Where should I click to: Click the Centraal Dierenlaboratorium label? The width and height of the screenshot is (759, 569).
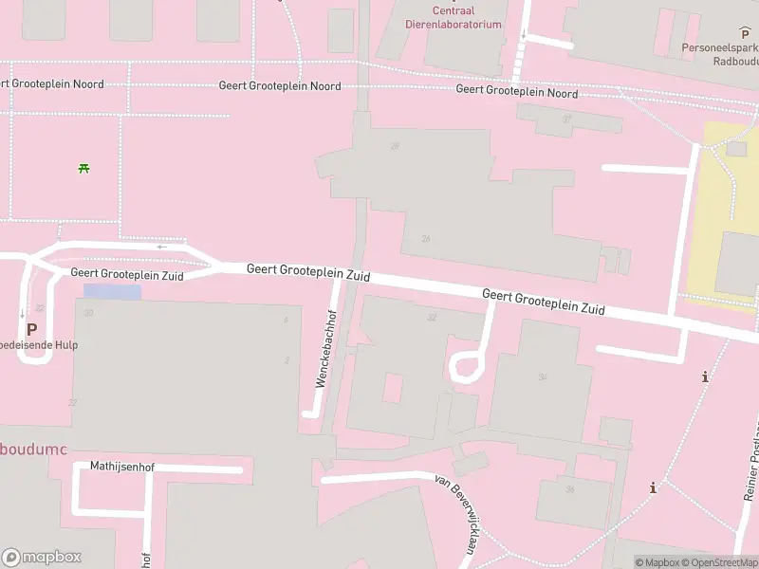(x=454, y=18)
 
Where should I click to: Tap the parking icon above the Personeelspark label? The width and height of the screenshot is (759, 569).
(x=745, y=33)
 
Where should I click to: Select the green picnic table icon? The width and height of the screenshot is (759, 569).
(x=84, y=169)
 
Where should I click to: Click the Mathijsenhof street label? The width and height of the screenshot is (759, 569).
(x=121, y=467)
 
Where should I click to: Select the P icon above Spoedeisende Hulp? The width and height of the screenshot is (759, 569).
(x=31, y=329)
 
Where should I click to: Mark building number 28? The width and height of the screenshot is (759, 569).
(x=395, y=146)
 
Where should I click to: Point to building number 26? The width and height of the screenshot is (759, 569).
(x=425, y=239)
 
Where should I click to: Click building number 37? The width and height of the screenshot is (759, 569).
(x=566, y=119)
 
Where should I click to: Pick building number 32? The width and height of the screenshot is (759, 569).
(x=432, y=318)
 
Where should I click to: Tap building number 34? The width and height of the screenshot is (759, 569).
(x=543, y=376)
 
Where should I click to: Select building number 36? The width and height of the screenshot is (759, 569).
(x=570, y=489)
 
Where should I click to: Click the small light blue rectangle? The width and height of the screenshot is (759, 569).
(x=112, y=292)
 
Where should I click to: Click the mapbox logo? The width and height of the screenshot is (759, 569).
(x=42, y=558)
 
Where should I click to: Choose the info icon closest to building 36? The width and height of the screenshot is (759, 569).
(x=653, y=488)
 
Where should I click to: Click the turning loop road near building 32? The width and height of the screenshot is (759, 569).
(x=465, y=366)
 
